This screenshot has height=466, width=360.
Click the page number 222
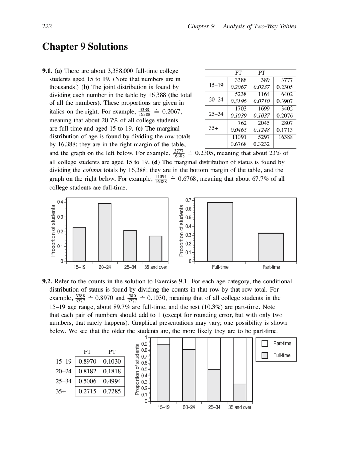coord(47,26)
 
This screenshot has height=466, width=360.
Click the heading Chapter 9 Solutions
coord(85,46)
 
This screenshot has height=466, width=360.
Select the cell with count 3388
coord(240,80)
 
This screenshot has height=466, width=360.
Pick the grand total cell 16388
coord(285,137)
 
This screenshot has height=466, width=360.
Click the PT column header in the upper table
coord(262,73)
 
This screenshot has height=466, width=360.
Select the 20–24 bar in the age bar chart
coord(105,232)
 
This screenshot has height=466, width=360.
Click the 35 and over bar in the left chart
coord(156,248)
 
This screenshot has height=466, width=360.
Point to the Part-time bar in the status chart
coord(271,247)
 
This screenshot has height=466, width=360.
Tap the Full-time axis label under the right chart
coord(220,267)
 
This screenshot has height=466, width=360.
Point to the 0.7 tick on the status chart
coord(188,200)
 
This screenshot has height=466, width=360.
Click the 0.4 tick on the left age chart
coord(60,202)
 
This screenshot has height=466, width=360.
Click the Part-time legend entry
coord(282,343)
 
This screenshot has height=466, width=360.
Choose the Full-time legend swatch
coord(265,355)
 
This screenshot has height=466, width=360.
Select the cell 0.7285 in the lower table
coord(112,391)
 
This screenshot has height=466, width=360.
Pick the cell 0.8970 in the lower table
coord(87,361)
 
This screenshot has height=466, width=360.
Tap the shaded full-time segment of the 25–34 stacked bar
coord(214,385)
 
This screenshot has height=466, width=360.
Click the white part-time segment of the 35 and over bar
coord(239,361)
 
